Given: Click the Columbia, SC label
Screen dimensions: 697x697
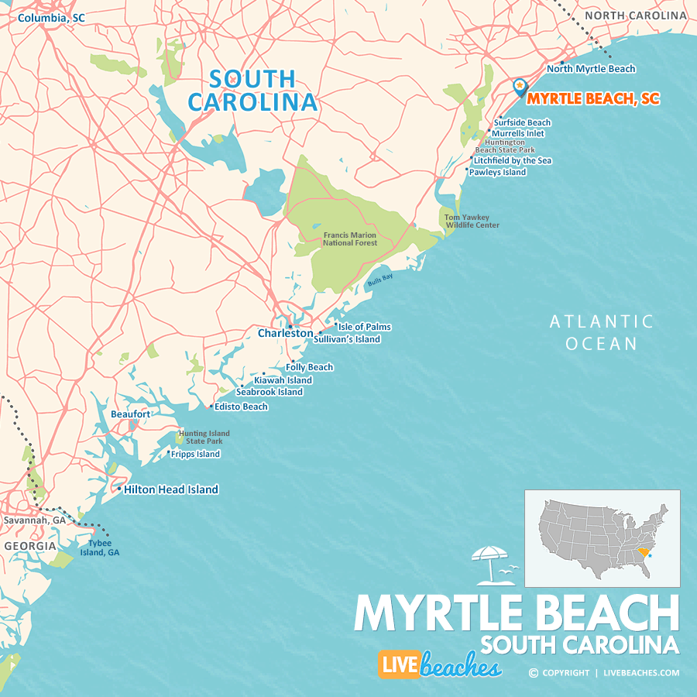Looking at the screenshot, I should [51, 17].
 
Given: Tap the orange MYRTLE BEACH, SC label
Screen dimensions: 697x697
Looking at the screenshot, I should [593, 99].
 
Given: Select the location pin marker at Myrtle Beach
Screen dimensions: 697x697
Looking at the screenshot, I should [519, 86].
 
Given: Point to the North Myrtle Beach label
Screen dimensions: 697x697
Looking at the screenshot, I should [591, 69].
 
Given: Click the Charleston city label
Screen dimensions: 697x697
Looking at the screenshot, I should [285, 334].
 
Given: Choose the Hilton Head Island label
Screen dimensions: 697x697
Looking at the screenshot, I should [171, 489].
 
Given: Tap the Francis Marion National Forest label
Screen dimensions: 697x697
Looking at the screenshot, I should [350, 239].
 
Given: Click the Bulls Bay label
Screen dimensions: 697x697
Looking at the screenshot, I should [380, 282].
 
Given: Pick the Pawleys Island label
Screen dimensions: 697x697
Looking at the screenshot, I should [497, 172].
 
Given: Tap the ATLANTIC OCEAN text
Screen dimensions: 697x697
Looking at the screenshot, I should [601, 332].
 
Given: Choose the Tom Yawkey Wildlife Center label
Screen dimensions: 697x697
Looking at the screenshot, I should [472, 221].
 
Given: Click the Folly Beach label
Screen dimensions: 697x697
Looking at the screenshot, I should [310, 367].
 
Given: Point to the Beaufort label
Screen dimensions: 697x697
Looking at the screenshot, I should [130, 414].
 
